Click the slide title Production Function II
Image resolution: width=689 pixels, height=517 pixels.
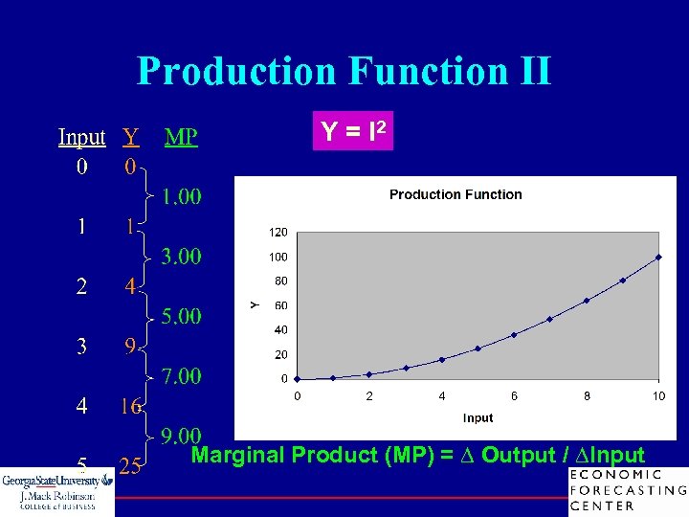coord(344,72)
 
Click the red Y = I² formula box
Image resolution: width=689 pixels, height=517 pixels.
coord(352,131)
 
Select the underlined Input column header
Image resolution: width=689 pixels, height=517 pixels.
coord(81,137)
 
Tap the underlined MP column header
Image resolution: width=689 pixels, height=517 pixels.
coord(181,137)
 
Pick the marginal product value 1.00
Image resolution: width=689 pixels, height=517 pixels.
coord(181,197)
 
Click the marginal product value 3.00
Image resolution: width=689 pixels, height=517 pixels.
coord(181,257)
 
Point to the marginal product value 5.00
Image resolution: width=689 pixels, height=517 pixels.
coord(181,316)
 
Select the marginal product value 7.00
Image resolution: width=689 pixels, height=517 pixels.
coord(181,376)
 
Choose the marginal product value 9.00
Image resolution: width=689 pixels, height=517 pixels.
coord(181,437)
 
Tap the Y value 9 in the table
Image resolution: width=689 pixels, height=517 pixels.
coord(130,347)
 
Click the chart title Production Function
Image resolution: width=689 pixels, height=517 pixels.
coord(456,194)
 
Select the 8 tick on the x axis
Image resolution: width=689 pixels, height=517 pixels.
coord(587,395)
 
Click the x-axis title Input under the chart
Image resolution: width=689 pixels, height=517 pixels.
coord(478,417)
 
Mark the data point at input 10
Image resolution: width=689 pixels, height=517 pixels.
coord(658,257)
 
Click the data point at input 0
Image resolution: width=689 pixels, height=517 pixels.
coord(297,379)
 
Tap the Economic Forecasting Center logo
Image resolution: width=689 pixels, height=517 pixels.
coord(627,490)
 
